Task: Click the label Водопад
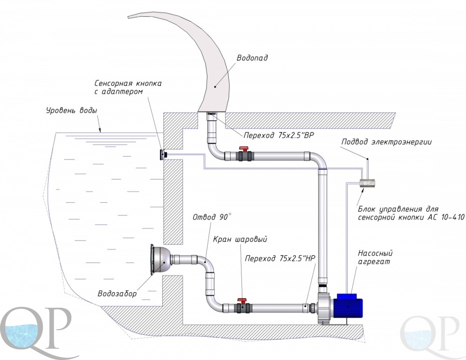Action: tap(252, 58)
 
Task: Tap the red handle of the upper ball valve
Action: tap(244, 148)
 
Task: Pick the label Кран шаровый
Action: tap(240, 239)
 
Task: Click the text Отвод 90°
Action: tap(212, 217)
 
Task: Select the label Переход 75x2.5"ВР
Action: tap(279, 135)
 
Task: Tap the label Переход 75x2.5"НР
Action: tap(280, 258)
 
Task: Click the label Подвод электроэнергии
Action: tap(386, 142)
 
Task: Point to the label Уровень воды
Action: tap(72, 111)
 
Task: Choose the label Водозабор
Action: tap(117, 294)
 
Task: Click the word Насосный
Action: tap(375, 253)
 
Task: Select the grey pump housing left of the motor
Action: tap(324, 308)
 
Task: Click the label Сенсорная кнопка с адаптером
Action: tap(128, 87)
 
